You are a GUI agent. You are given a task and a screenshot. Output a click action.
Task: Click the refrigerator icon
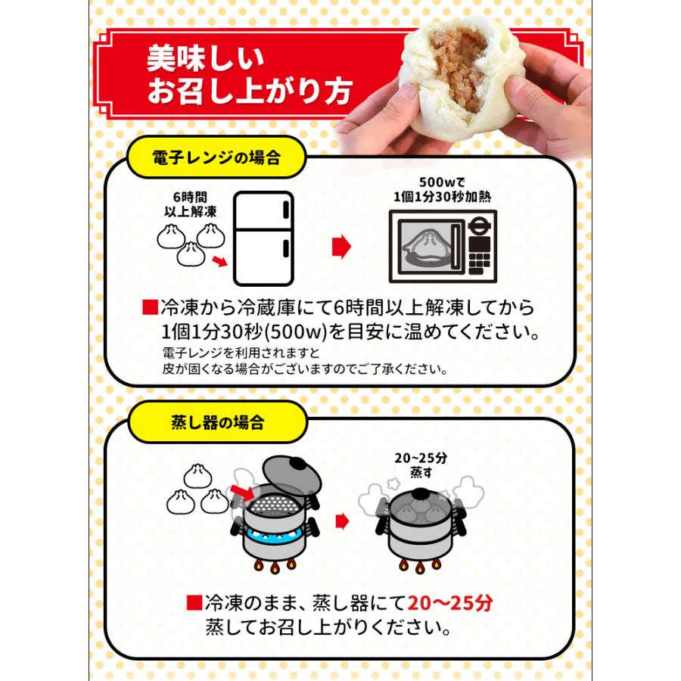pyautogui.click(x=263, y=237)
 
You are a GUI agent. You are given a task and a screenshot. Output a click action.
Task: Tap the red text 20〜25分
pyautogui.click(x=450, y=603)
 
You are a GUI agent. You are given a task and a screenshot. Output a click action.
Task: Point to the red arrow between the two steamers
pyautogui.click(x=342, y=521)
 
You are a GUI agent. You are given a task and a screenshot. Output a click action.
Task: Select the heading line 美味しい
pyautogui.click(x=205, y=59)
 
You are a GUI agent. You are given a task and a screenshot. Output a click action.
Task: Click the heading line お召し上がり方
pyautogui.click(x=249, y=92)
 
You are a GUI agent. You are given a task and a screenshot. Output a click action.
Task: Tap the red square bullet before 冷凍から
pyautogui.click(x=149, y=308)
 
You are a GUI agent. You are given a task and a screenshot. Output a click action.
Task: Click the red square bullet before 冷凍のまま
pyautogui.click(x=194, y=603)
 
